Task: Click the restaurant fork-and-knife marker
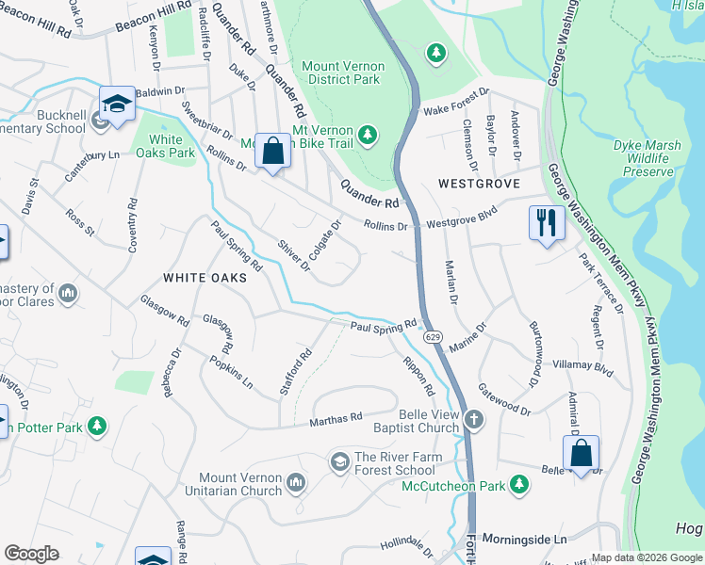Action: click(x=547, y=223)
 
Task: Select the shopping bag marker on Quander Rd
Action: click(x=272, y=151)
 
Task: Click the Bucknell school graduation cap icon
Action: click(x=117, y=104)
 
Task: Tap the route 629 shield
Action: click(x=433, y=336)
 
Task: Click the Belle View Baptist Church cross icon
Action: click(x=473, y=420)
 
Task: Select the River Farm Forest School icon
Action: click(x=339, y=460)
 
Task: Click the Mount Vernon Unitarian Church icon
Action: click(x=296, y=484)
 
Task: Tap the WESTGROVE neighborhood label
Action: click(x=479, y=184)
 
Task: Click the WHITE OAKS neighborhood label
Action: click(x=205, y=278)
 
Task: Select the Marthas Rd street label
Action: click(x=336, y=417)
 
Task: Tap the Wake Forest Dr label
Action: click(x=456, y=101)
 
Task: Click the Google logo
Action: click(x=31, y=554)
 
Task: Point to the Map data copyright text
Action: click(x=646, y=557)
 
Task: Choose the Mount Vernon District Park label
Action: click(x=342, y=73)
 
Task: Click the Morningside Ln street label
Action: click(x=533, y=540)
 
